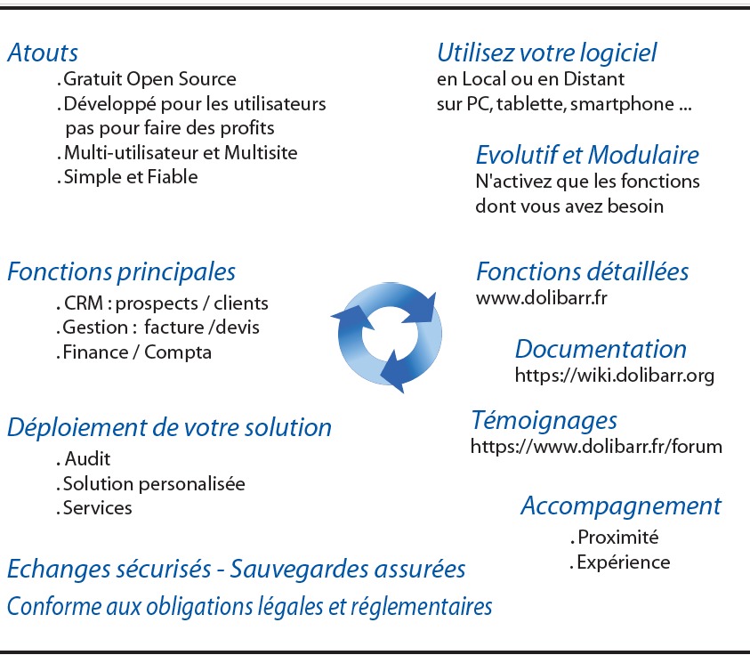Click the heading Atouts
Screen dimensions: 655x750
43,53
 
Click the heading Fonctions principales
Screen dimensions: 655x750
121,271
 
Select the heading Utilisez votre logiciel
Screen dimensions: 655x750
546,53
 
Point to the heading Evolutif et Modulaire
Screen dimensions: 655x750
587,155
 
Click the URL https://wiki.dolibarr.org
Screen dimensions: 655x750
615,376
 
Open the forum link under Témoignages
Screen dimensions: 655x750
596,446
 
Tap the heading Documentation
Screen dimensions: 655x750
601,349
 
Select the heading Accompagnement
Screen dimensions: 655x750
620,505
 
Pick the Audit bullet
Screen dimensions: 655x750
87,460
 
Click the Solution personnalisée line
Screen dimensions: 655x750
153,484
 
